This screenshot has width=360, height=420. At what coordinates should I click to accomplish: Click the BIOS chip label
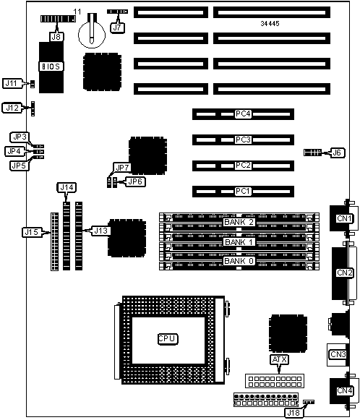pyautogui.click(x=51, y=67)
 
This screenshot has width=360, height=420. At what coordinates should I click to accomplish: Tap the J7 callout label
pyautogui.click(x=117, y=27)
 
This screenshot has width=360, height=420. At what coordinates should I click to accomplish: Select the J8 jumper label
pyautogui.click(x=56, y=36)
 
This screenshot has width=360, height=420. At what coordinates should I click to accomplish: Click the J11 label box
pyautogui.click(x=12, y=83)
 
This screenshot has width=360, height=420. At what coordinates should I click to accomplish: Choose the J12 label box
pyautogui.click(x=12, y=108)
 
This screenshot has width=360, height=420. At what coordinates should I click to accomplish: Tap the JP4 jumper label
pyautogui.click(x=14, y=151)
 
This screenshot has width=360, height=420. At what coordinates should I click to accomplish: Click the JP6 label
pyautogui.click(x=135, y=181)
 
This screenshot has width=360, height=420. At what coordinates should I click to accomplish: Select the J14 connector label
pyautogui.click(x=67, y=187)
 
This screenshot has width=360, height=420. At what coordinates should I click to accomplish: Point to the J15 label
pyautogui.click(x=32, y=232)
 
